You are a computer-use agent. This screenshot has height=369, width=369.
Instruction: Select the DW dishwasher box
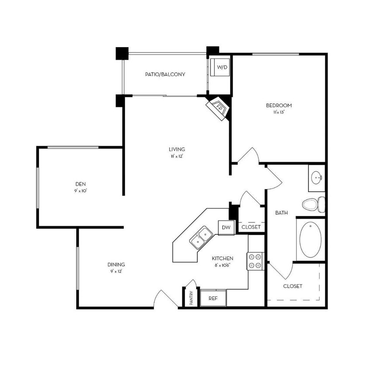coord(226,227)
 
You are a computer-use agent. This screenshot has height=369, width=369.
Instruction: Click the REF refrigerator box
coord(213,299)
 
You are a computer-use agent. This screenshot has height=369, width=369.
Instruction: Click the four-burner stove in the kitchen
coord(255,261)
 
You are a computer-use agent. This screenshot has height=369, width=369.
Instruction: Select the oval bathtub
coord(310,239)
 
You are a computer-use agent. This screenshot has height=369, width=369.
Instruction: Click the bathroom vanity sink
coord(316,178)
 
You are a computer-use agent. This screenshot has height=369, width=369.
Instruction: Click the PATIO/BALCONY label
coord(165,74)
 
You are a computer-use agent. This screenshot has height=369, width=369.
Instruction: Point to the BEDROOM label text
coord(278,105)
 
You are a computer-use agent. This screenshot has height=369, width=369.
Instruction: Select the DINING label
coord(116,264)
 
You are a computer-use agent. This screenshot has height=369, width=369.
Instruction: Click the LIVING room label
coord(178,149)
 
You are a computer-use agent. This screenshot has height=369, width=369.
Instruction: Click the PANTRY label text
coord(191,298)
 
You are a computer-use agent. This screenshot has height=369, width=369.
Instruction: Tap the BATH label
coord(281,213)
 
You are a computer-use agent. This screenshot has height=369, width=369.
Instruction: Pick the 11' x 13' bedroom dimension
coord(278,112)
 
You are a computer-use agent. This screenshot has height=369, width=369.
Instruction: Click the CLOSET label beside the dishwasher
coord(251,227)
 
